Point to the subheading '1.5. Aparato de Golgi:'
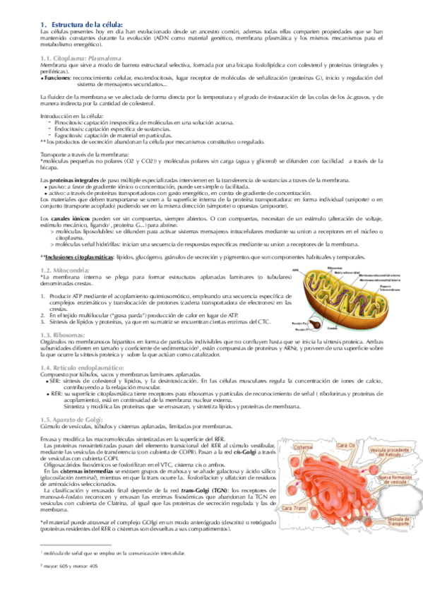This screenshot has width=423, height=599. tap(72, 419)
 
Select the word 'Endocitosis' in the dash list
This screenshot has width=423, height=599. tap(68, 129)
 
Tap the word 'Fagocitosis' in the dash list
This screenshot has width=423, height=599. tap(68, 135)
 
